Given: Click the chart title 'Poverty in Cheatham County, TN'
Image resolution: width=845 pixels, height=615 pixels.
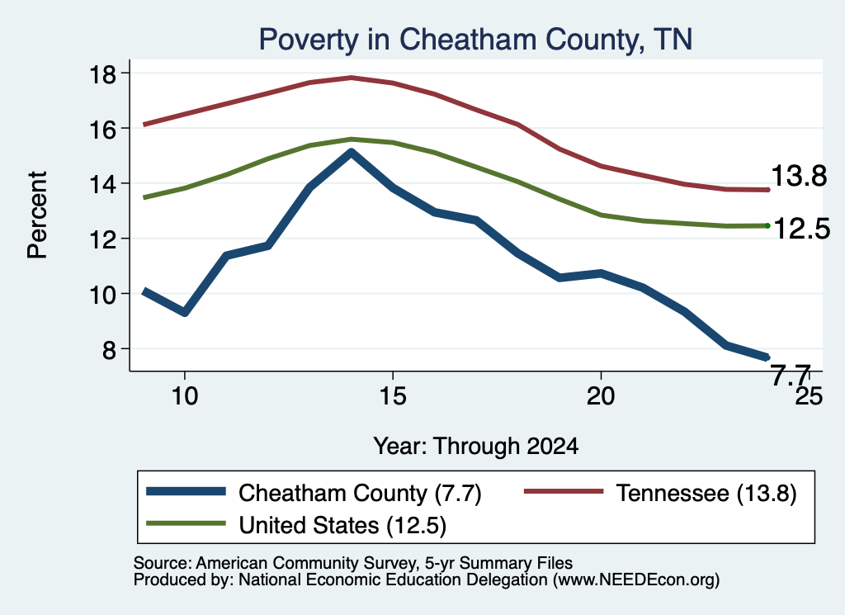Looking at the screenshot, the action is (x=475, y=40).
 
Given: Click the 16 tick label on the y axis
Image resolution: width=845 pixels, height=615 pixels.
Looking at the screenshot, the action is (x=102, y=130).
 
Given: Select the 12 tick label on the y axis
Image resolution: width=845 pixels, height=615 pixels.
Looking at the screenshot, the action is (x=102, y=239).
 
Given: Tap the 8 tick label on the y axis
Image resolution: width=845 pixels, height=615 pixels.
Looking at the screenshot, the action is (x=109, y=350).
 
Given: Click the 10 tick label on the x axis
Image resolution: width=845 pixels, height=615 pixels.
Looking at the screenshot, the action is (x=185, y=396).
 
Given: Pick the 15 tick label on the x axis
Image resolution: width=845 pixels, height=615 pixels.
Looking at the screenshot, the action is (x=392, y=396).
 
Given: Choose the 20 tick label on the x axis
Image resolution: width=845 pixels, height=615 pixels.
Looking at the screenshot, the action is (x=601, y=396).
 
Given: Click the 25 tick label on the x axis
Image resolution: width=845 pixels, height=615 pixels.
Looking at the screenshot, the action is (x=809, y=396).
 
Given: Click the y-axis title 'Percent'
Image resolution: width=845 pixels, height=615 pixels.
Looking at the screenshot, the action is (x=37, y=215).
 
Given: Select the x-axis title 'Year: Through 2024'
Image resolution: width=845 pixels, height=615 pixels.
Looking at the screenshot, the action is (x=476, y=447).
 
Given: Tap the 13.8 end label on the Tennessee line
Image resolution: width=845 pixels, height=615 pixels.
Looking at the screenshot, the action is (x=799, y=176).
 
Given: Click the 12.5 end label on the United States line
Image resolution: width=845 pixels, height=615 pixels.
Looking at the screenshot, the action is (x=801, y=229).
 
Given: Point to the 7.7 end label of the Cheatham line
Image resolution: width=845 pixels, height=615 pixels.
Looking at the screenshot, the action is (x=791, y=375).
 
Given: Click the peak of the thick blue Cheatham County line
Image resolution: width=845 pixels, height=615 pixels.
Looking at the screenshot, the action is (x=352, y=153).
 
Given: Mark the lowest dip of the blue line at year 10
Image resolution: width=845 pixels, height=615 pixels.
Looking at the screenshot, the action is (x=185, y=312).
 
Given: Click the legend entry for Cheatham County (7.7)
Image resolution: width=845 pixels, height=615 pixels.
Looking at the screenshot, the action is (x=314, y=493).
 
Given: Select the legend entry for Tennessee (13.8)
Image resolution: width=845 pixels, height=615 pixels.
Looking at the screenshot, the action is (x=660, y=493).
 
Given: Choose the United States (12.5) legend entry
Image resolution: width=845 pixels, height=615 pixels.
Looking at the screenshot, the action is (x=296, y=524).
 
